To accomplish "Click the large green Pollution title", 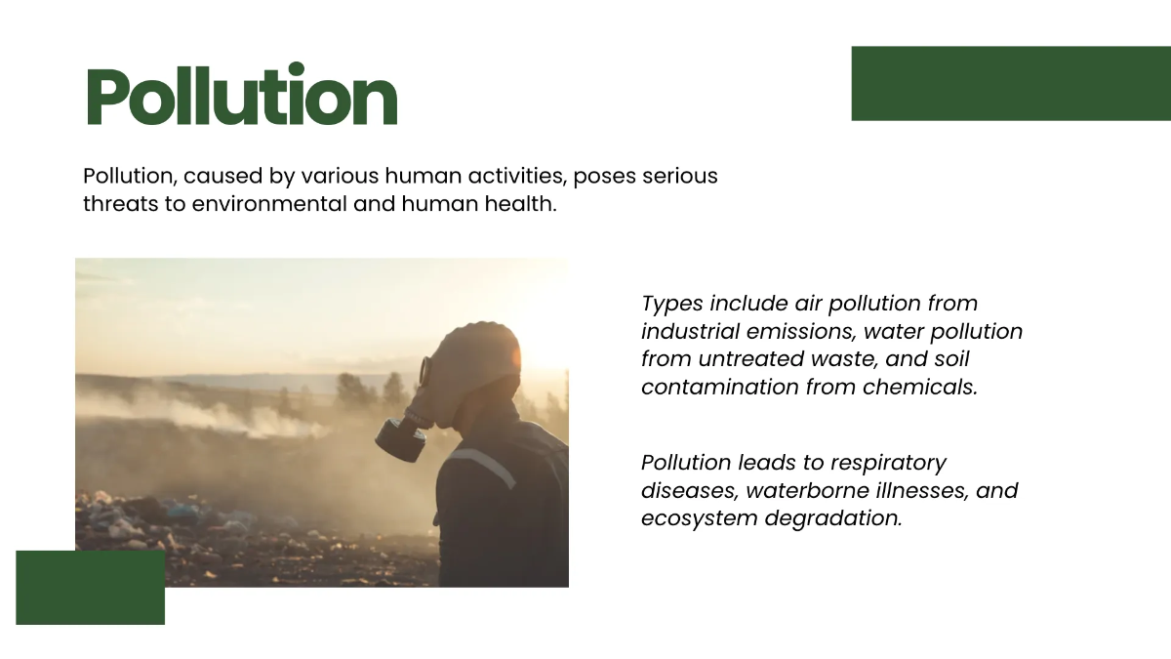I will (241, 97).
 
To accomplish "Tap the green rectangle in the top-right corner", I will (1010, 84).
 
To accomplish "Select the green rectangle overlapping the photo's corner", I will (90, 587).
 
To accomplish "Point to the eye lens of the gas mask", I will (425, 372).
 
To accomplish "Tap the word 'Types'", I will (672, 304).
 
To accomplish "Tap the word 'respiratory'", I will (887, 463).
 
